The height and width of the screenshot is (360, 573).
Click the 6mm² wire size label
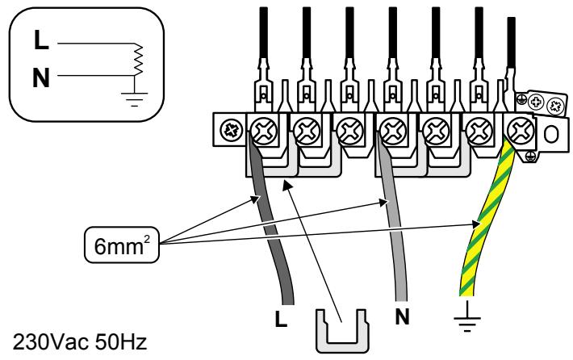click(122, 245)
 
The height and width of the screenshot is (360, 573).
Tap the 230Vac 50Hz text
click(80, 342)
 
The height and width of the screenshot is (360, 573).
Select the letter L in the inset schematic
click(41, 40)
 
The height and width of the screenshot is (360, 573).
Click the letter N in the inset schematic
click(41, 78)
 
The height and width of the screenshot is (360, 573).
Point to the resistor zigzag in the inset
click(137, 60)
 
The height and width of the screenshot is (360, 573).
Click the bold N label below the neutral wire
click(402, 316)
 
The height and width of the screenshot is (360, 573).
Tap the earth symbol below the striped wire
click(467, 318)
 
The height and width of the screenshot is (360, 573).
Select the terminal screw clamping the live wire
click(263, 130)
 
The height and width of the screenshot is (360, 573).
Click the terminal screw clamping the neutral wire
click(393, 130)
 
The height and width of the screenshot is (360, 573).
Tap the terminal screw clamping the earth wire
click(521, 130)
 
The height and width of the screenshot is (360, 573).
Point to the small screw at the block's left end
click(232, 130)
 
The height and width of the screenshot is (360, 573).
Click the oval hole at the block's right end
click(551, 134)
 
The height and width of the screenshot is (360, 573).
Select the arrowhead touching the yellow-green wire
click(475, 224)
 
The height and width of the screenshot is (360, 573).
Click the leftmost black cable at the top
click(263, 33)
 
